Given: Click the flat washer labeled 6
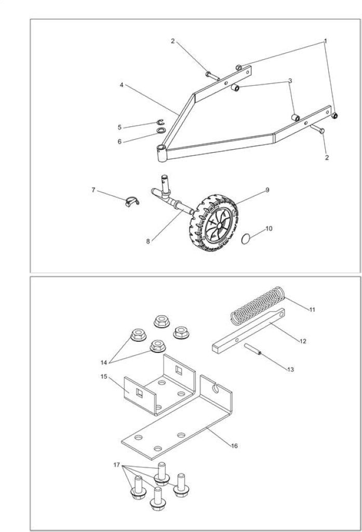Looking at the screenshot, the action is pyautogui.click(x=161, y=130).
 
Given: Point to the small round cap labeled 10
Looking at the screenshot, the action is pyautogui.click(x=246, y=239).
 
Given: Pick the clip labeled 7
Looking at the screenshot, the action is pyautogui.click(x=131, y=201).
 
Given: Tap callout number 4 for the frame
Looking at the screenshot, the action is pyautogui.click(x=122, y=85).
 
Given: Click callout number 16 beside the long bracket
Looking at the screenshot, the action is pyautogui.click(x=234, y=446).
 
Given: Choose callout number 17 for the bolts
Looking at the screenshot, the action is pyautogui.click(x=116, y=465).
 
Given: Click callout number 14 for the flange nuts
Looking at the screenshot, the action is pyautogui.click(x=104, y=362).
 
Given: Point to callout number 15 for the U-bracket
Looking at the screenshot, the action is pyautogui.click(x=103, y=376).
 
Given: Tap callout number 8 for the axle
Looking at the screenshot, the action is pyautogui.click(x=148, y=241).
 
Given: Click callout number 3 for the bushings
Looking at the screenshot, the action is pyautogui.click(x=290, y=81).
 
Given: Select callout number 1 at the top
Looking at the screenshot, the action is pyautogui.click(x=325, y=41).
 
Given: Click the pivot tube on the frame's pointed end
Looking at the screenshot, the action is pyautogui.click(x=162, y=153).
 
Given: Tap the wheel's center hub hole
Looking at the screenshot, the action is pyautogui.click(x=220, y=225).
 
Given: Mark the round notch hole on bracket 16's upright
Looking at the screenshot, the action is pyautogui.click(x=214, y=387).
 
